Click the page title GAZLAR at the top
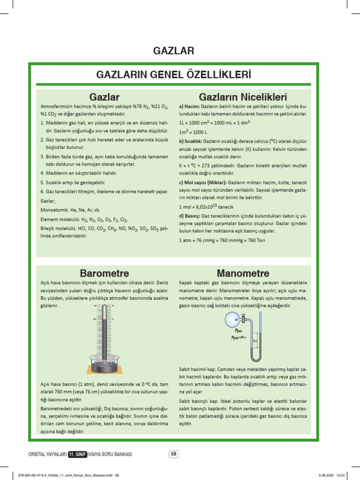pos(174,50)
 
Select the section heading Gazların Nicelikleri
pos(243,97)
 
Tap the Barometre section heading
pos(105,273)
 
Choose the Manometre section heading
pos(243,273)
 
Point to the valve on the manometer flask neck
pos(244,320)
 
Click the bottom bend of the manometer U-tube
pos(257,359)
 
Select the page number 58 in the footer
pos(173,453)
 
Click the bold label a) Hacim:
pos(189,107)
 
